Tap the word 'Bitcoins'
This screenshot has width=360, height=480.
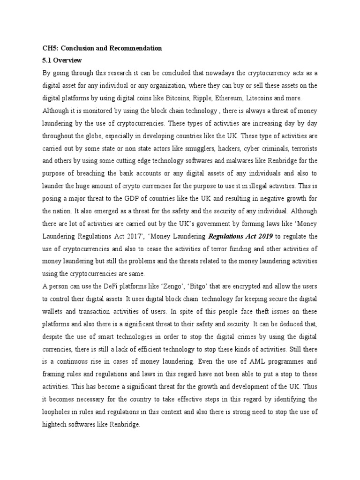click(177, 97)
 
